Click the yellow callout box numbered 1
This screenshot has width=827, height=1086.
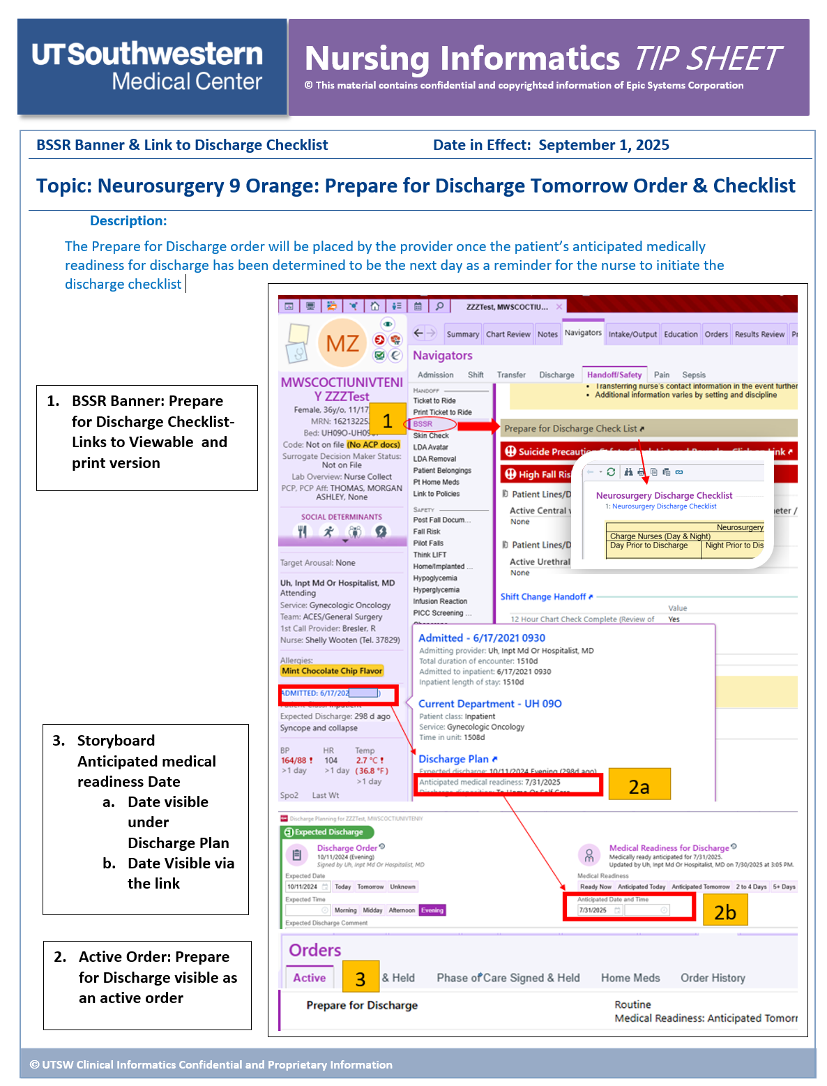click(387, 420)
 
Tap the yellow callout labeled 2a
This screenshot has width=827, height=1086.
click(639, 785)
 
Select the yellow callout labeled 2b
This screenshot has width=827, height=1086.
click(724, 911)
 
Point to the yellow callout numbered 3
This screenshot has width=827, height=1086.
click(361, 978)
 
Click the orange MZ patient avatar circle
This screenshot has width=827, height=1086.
click(342, 343)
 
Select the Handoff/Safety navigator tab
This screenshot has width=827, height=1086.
click(614, 375)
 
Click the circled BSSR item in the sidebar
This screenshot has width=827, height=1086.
click(423, 424)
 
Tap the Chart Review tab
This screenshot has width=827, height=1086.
click(508, 334)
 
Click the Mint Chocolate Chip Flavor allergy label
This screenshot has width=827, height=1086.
click(332, 671)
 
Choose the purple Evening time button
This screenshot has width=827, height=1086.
click(432, 910)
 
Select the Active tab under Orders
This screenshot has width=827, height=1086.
click(309, 978)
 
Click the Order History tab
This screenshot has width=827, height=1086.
click(713, 978)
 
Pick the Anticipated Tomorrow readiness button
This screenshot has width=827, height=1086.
click(700, 887)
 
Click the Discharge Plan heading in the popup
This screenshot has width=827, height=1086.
click(454, 759)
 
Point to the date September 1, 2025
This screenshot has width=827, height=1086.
click(603, 145)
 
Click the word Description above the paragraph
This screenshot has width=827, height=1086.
click(128, 221)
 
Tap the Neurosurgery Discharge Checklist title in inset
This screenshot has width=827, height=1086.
click(664, 495)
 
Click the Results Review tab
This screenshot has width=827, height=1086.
click(759, 334)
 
